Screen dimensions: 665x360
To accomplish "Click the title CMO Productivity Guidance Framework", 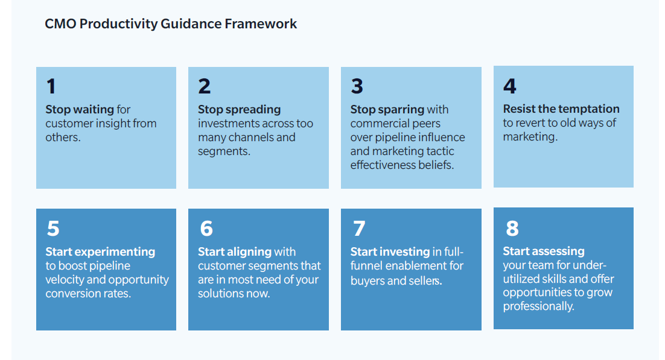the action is [x=171, y=24].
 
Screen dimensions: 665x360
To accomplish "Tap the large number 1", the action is [x=51, y=86].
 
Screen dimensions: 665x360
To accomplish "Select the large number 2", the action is [x=205, y=86].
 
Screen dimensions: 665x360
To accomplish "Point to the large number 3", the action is [x=357, y=86].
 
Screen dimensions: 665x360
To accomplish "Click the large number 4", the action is [x=510, y=86].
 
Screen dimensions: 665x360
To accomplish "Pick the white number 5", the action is [x=53, y=228].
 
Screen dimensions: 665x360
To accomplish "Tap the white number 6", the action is [x=206, y=228].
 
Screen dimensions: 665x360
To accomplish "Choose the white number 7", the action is [x=359, y=228].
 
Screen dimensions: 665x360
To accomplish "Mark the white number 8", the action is [x=512, y=228].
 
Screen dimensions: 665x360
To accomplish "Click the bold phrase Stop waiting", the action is [x=79, y=109].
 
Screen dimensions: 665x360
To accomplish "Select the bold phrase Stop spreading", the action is [x=239, y=109].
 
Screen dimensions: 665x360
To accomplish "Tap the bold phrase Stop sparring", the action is [x=387, y=109].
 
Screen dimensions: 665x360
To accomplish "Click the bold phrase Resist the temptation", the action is [x=561, y=109].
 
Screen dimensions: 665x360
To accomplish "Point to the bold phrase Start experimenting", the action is [x=100, y=252].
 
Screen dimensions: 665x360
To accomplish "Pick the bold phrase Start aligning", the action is [x=235, y=252].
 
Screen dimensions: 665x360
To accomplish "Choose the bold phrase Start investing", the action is [x=390, y=252].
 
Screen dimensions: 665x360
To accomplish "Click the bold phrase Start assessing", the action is [x=544, y=251].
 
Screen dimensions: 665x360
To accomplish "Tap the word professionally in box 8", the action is [x=539, y=306].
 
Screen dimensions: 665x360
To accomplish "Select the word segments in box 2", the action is [x=224, y=151].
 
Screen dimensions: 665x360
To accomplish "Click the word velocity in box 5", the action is [x=65, y=280].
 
